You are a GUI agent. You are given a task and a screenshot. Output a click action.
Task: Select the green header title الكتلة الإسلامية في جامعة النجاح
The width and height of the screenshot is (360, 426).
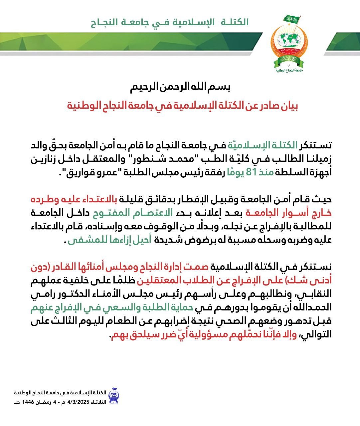click(170, 23)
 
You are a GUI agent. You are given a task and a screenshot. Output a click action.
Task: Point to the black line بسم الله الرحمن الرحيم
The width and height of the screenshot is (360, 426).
click(180, 88)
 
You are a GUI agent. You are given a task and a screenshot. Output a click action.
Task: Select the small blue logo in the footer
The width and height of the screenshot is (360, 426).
click(113, 396)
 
